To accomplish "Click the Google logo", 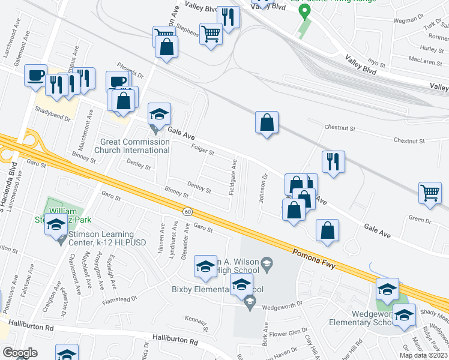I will pyautogui.click(x=20, y=353).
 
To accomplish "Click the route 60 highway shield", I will pyautogui.click(x=187, y=211).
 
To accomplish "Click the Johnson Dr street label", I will pyautogui.click(x=263, y=188).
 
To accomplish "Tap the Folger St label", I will pyautogui.click(x=202, y=149).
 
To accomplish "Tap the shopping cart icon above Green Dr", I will pyautogui.click(x=430, y=193).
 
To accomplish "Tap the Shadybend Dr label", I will pyautogui.click(x=53, y=110).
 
